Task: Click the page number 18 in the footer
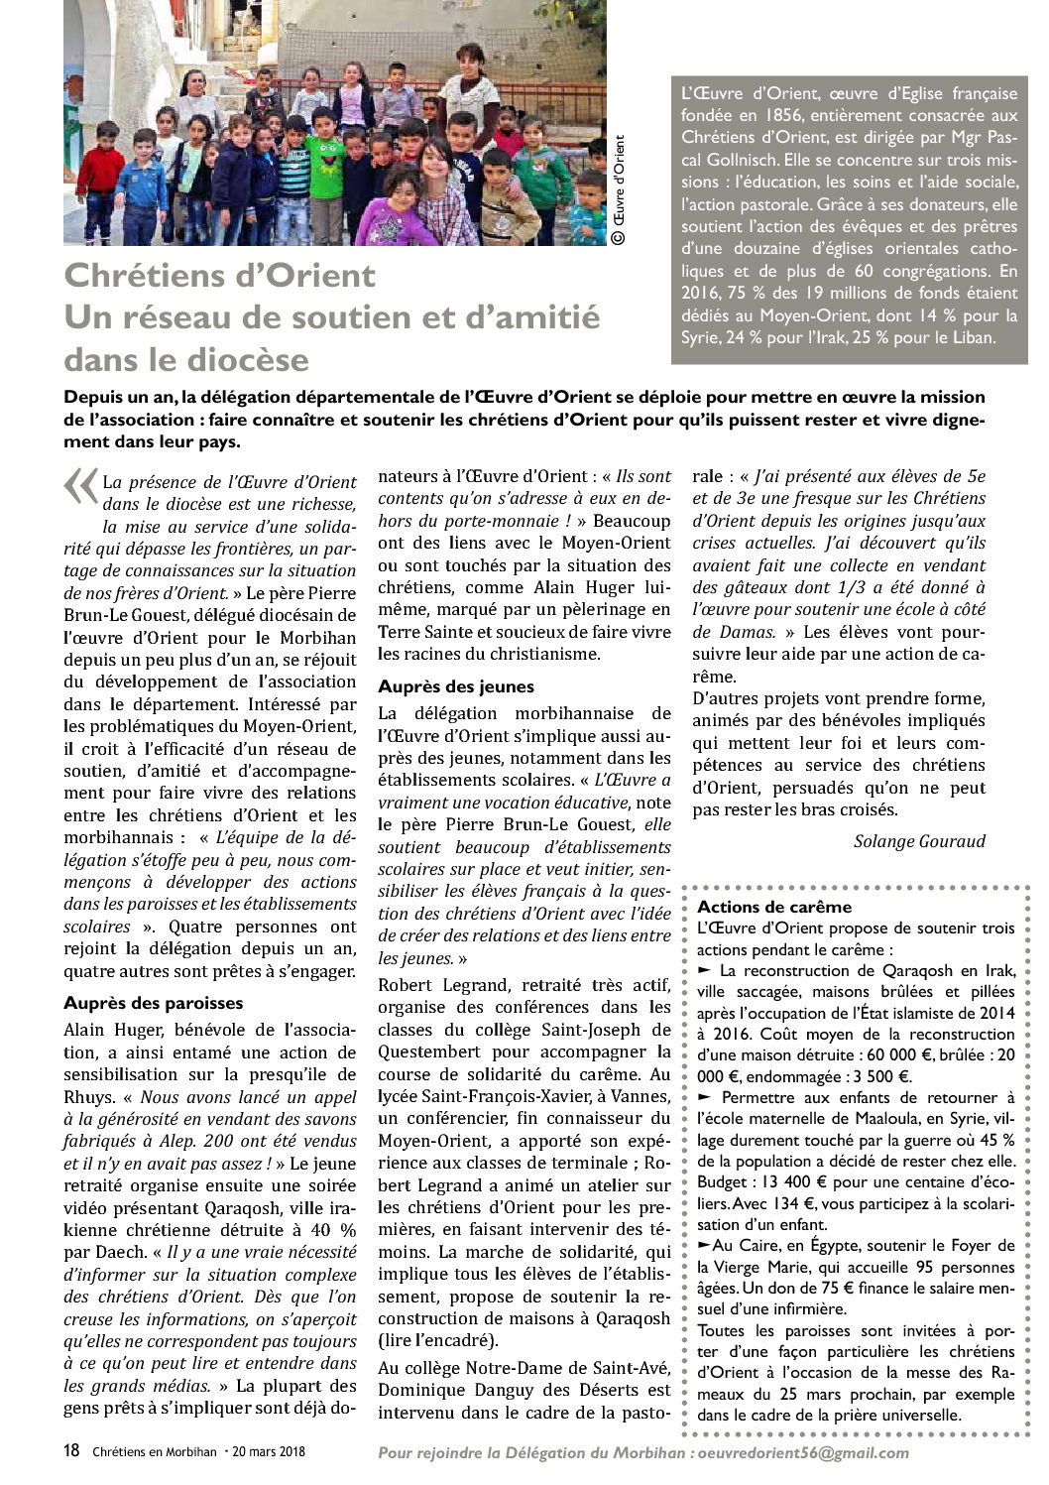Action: pyautogui.click(x=71, y=1451)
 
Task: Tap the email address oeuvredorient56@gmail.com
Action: pyautogui.click(x=803, y=1453)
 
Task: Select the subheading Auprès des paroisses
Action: pyautogui.click(x=154, y=1003)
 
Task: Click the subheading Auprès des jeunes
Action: pyautogui.click(x=456, y=686)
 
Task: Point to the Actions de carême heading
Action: pyautogui.click(x=774, y=907)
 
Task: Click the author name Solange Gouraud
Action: pyautogui.click(x=919, y=841)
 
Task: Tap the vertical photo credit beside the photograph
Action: pyautogui.click(x=619, y=188)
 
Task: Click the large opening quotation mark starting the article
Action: pyautogui.click(x=79, y=487)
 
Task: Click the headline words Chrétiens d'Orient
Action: pyautogui.click(x=220, y=275)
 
